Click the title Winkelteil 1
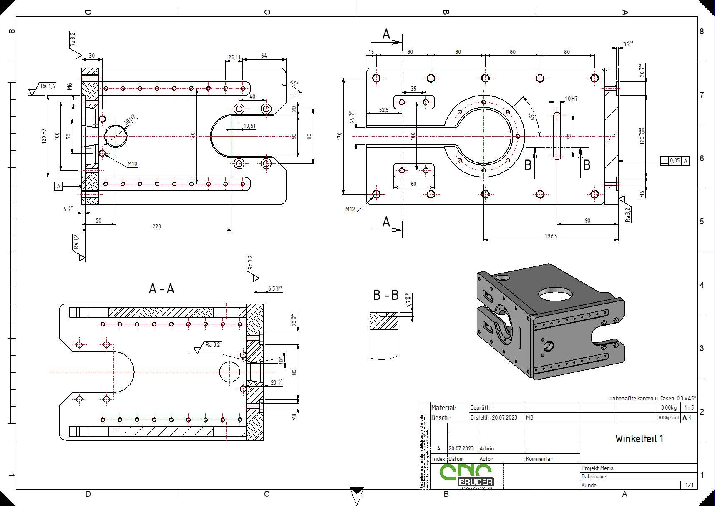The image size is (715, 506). (x=639, y=438)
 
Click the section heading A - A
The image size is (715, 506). (x=161, y=289)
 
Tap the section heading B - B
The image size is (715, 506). (x=385, y=295)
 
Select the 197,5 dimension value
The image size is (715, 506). (x=551, y=236)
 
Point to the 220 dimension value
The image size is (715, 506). (x=156, y=226)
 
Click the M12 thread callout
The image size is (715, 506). (x=350, y=209)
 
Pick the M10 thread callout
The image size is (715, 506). (x=132, y=164)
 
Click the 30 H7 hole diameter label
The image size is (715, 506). (x=130, y=119)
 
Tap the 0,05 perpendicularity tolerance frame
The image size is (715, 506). (x=675, y=161)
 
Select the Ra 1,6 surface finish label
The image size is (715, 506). (x=48, y=86)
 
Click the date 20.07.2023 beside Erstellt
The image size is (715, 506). (x=504, y=417)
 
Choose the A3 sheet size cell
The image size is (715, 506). (x=686, y=417)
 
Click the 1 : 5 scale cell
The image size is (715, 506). (x=689, y=407)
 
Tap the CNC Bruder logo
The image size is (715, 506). (x=466, y=476)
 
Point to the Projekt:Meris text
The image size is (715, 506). (x=597, y=468)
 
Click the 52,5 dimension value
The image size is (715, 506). (x=383, y=110)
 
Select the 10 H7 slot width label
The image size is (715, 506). (x=571, y=99)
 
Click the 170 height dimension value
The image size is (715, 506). (x=340, y=136)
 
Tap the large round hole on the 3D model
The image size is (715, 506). (x=555, y=294)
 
